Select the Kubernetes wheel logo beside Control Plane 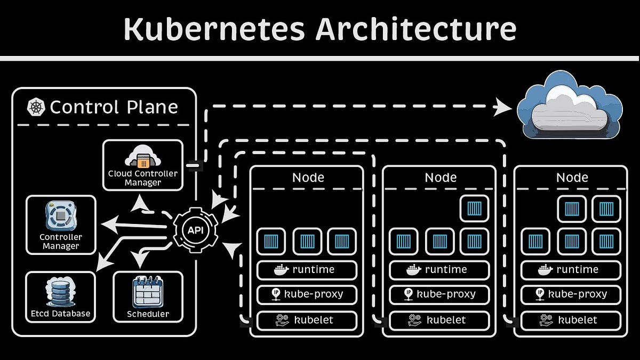pyautogui.click(x=36, y=107)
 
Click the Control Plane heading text pyautogui.click(x=114, y=107)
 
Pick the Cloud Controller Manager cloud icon pyautogui.click(x=142, y=157)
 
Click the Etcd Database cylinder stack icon pyautogui.click(x=60, y=292)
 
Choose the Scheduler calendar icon pyautogui.click(x=148, y=292)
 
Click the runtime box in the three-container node pyautogui.click(x=307, y=270)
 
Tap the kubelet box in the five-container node pyautogui.click(x=571, y=320)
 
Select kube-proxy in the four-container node pyautogui.click(x=439, y=294)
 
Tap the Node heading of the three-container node pyautogui.click(x=308, y=177)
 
